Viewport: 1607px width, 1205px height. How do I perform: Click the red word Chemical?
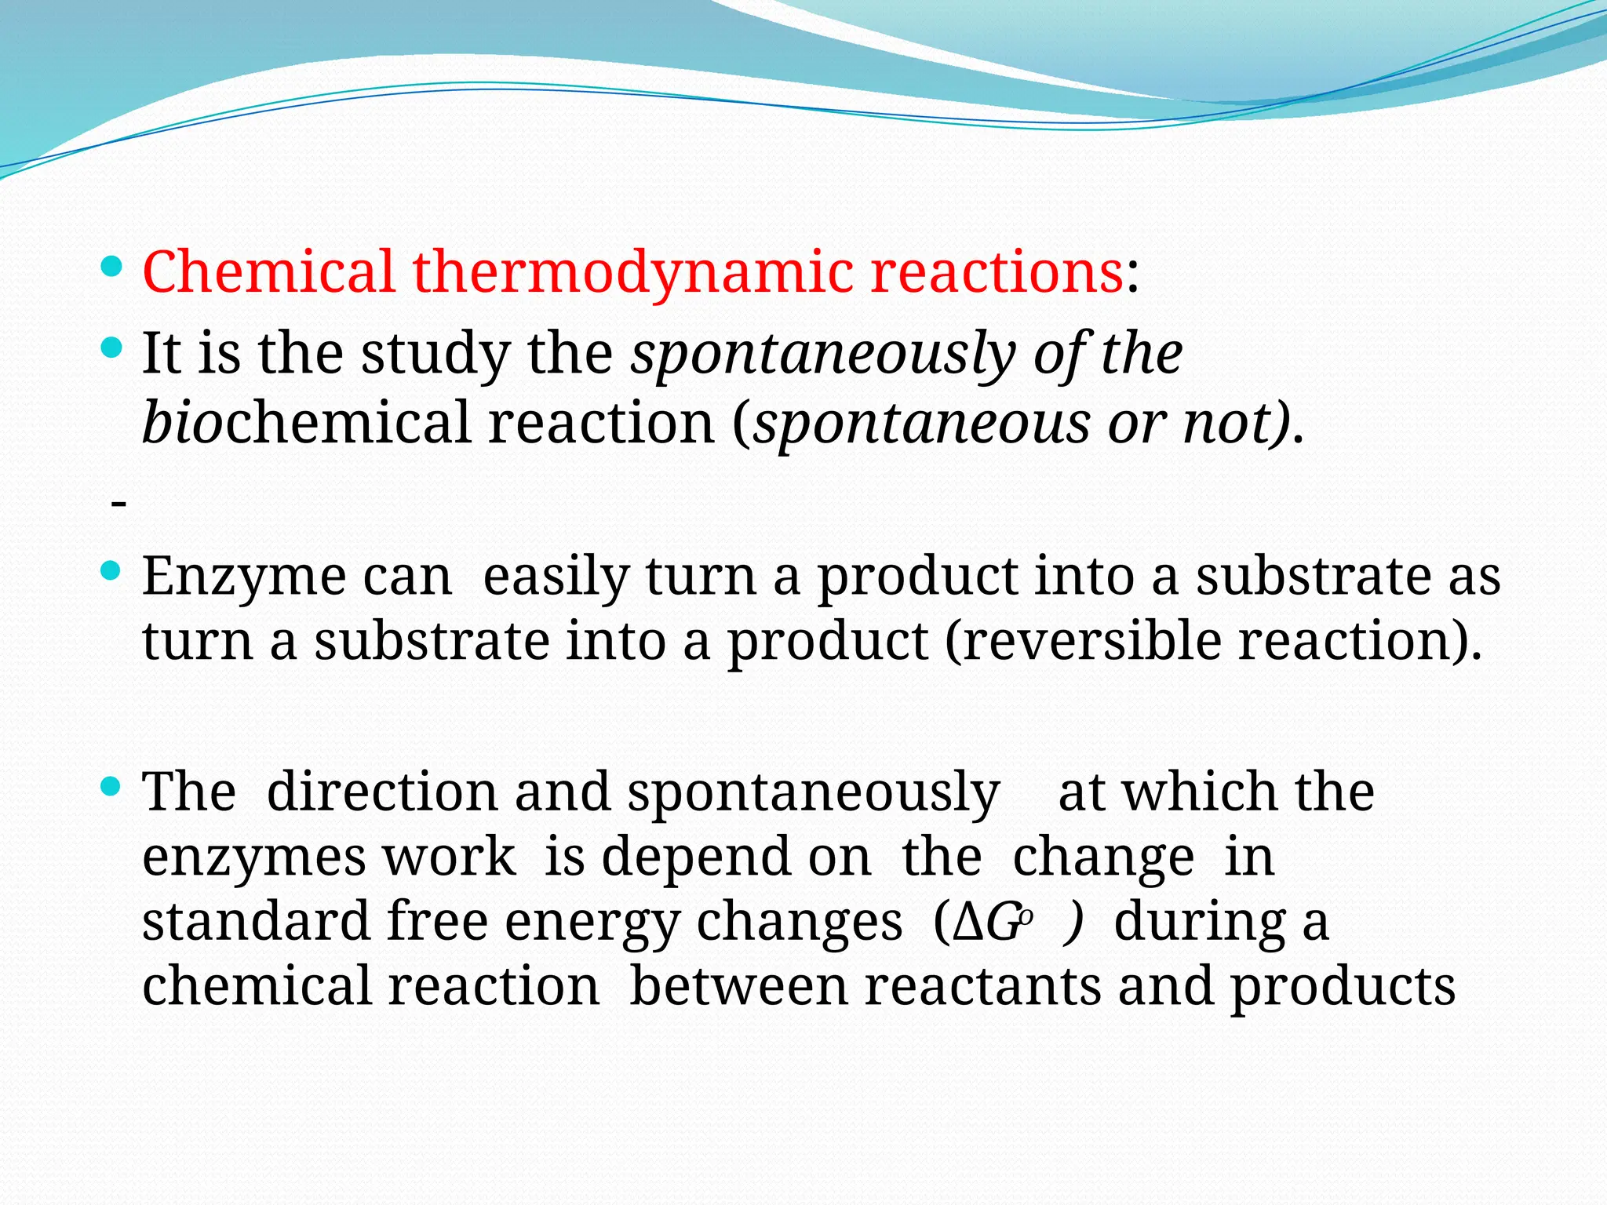[x=268, y=271]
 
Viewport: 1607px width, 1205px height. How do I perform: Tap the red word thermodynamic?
[x=632, y=271]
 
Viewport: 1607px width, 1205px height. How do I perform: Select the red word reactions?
[x=997, y=271]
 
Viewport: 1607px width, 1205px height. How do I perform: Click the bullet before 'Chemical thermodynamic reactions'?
[x=112, y=268]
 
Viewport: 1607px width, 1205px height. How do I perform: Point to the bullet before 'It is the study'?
[x=112, y=348]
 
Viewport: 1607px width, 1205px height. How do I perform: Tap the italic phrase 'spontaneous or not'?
[x=1020, y=424]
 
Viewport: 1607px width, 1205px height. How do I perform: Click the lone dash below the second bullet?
[x=118, y=502]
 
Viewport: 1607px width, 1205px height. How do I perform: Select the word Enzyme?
[x=244, y=577]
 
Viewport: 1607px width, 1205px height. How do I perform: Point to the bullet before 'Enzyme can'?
[x=112, y=570]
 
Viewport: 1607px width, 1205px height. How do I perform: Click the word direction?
[x=382, y=792]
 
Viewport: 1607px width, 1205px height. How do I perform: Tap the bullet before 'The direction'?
[x=112, y=785]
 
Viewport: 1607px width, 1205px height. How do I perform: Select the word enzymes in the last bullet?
[x=253, y=857]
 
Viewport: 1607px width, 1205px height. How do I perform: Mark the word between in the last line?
[x=738, y=986]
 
